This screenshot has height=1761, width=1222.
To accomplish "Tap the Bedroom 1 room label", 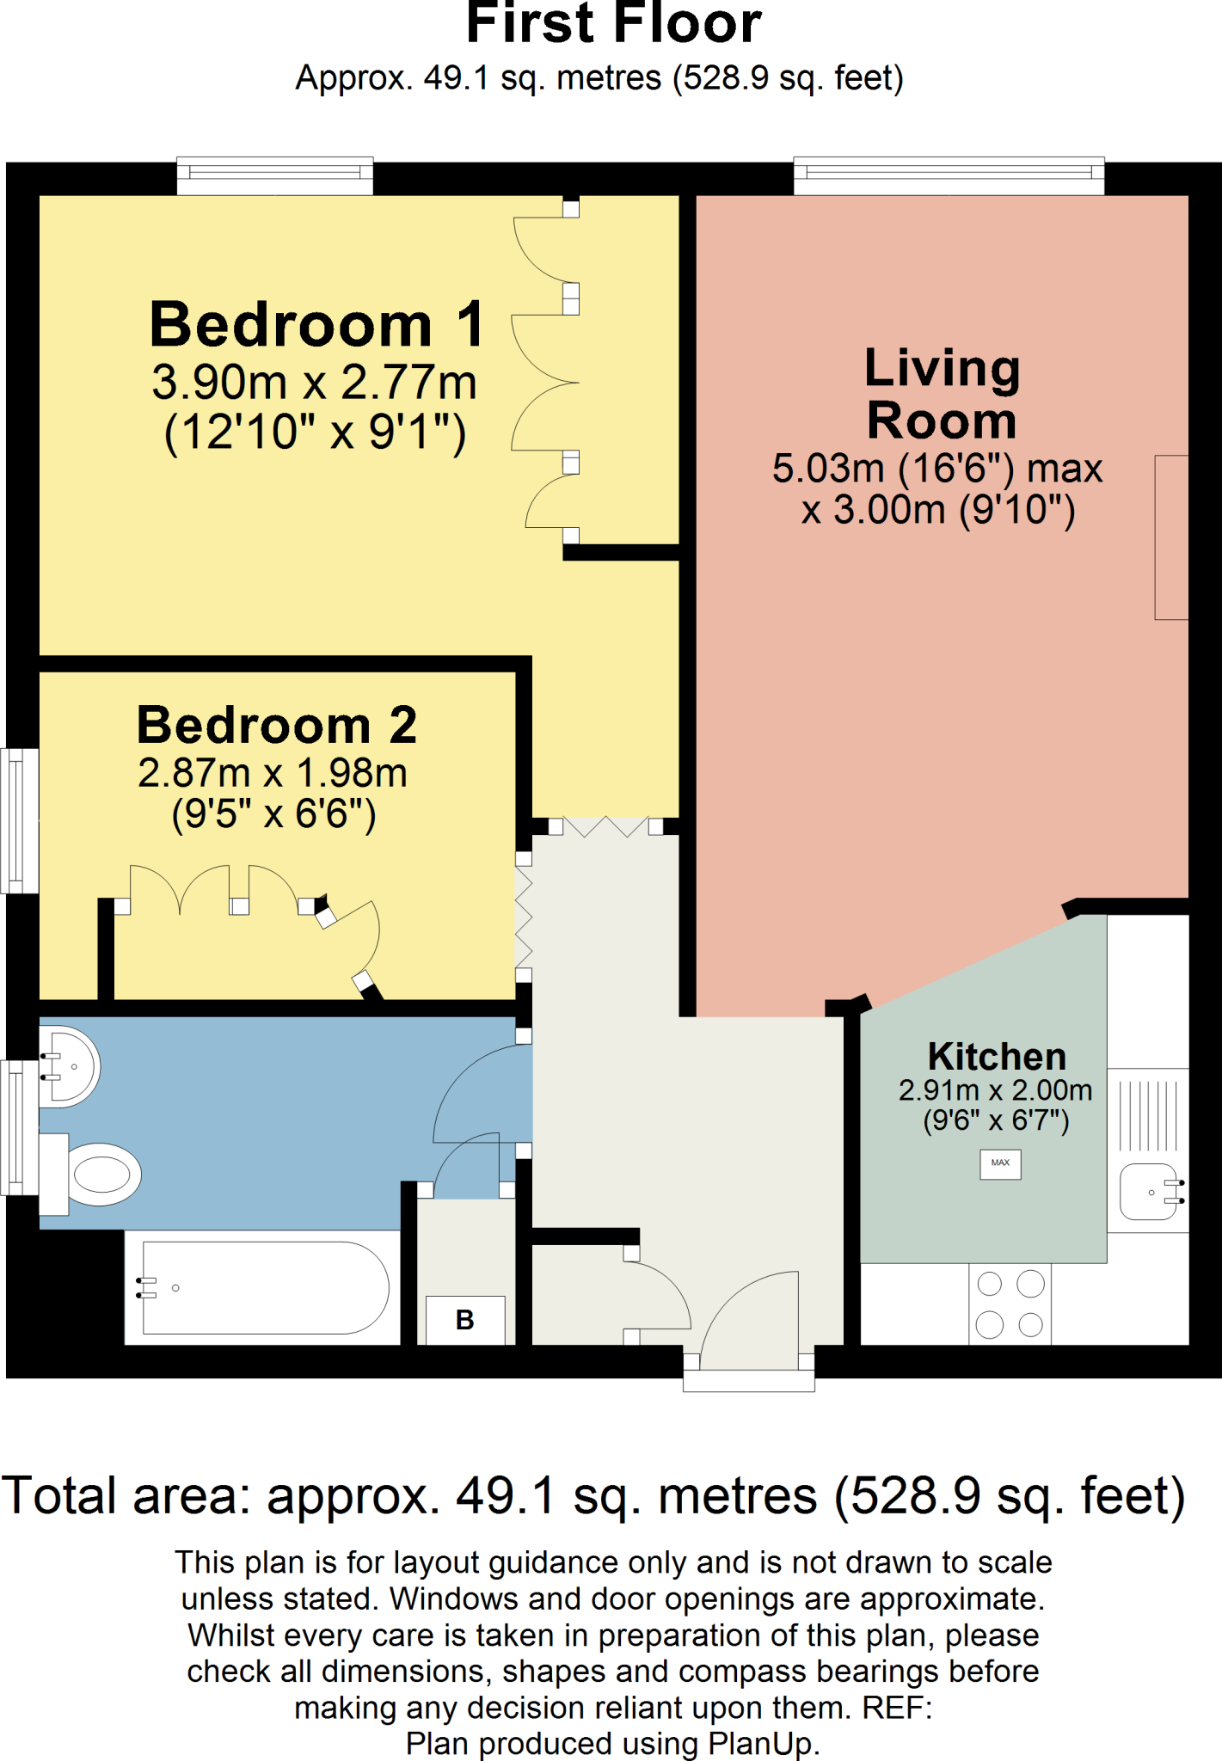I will [x=316, y=325].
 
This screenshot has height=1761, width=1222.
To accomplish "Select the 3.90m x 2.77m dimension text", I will [x=314, y=383].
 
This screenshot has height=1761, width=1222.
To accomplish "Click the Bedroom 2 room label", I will [x=277, y=725].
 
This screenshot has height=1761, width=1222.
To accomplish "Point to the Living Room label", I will [x=941, y=394].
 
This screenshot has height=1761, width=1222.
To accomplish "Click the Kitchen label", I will [x=997, y=1056].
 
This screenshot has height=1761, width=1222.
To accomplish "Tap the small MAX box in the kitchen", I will [x=1000, y=1163].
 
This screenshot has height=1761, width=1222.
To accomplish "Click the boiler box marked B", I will [x=465, y=1320].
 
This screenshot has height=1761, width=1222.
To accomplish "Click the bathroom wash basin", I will [x=71, y=1066].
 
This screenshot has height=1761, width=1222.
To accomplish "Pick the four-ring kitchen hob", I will [x=1010, y=1304].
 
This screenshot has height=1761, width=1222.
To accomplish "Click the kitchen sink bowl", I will [x=1150, y=1193].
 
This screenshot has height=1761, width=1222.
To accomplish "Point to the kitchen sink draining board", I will [x=1148, y=1116].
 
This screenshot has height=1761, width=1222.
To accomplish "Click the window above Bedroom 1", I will [x=274, y=175].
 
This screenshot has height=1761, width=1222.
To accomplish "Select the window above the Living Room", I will [x=948, y=175].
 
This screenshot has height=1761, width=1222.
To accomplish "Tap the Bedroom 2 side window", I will [x=18, y=820].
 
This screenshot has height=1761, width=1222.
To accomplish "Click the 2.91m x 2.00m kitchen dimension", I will [x=995, y=1090].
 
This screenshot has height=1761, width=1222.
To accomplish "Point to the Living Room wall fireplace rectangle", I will [x=1171, y=537].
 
